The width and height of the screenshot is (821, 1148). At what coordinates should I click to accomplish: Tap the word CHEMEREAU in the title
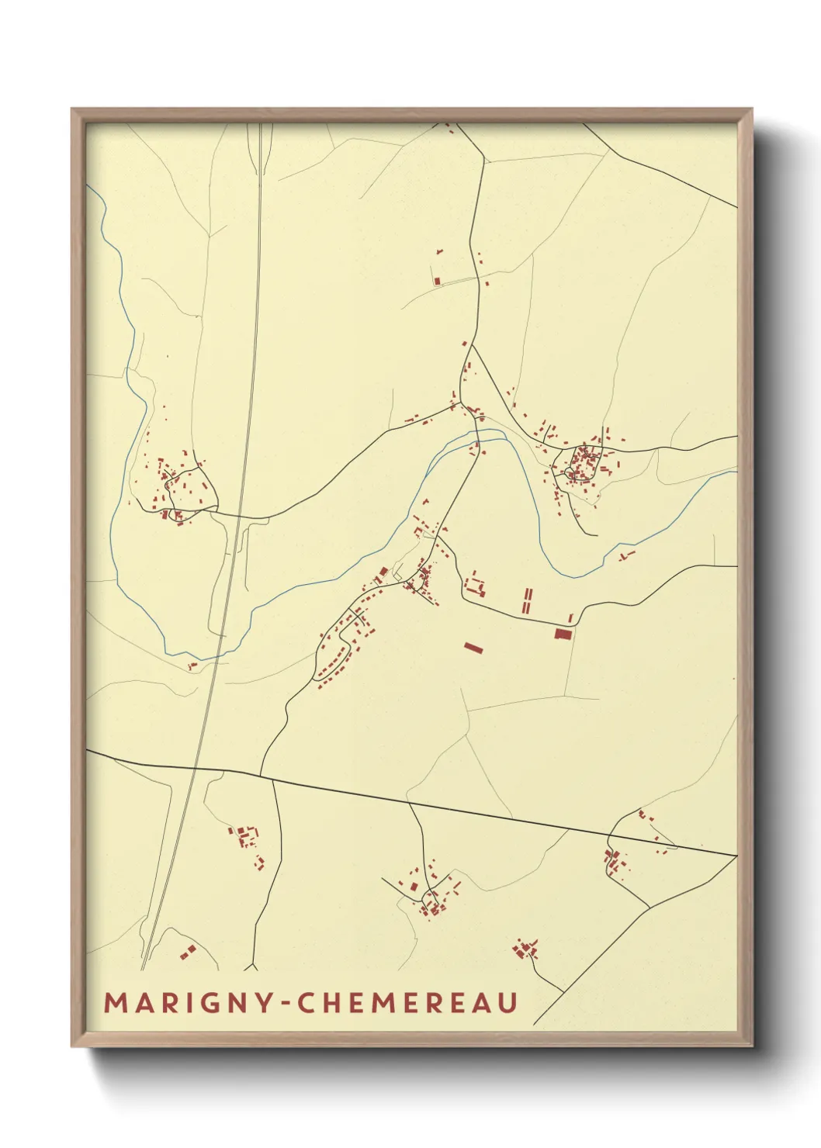coord(408,1003)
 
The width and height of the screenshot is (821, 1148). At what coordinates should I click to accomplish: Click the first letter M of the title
coord(115,1003)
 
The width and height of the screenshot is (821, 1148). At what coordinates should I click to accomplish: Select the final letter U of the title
coord(508,1003)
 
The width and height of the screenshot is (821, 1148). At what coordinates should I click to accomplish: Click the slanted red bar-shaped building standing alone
coord(473,646)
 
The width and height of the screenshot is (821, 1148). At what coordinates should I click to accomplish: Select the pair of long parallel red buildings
coord(527,601)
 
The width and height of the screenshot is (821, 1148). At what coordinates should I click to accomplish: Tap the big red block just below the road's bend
coord(563,634)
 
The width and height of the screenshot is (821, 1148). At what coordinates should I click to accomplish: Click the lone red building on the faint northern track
coord(437,280)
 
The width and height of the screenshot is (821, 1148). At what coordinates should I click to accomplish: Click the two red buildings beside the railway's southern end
coord(187,950)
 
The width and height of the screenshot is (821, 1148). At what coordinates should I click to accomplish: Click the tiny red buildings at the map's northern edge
coord(448,128)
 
